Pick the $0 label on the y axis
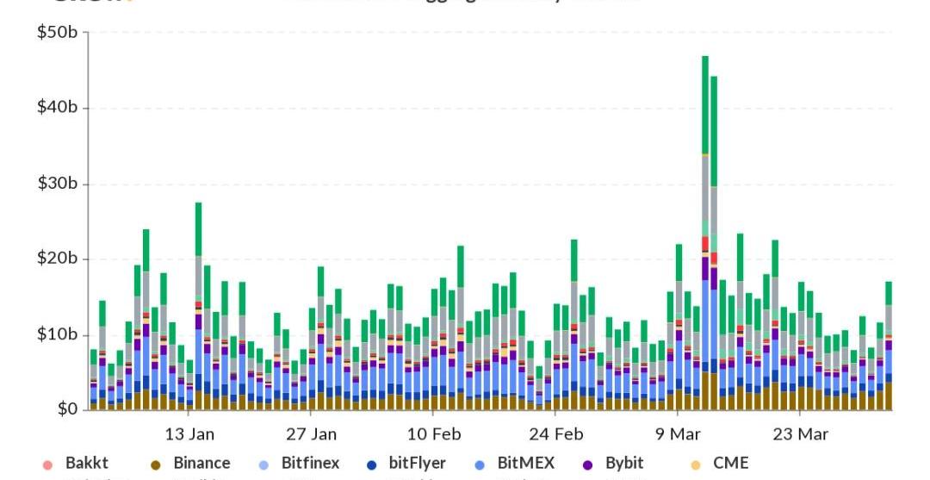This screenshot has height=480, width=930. point(68,408)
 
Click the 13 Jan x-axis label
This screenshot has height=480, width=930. point(189,433)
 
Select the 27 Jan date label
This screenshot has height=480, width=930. point(312,433)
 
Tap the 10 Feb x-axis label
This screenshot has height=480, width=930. point(434,433)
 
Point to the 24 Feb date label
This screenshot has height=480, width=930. point(556,433)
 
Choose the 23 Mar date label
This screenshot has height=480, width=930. point(801,433)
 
